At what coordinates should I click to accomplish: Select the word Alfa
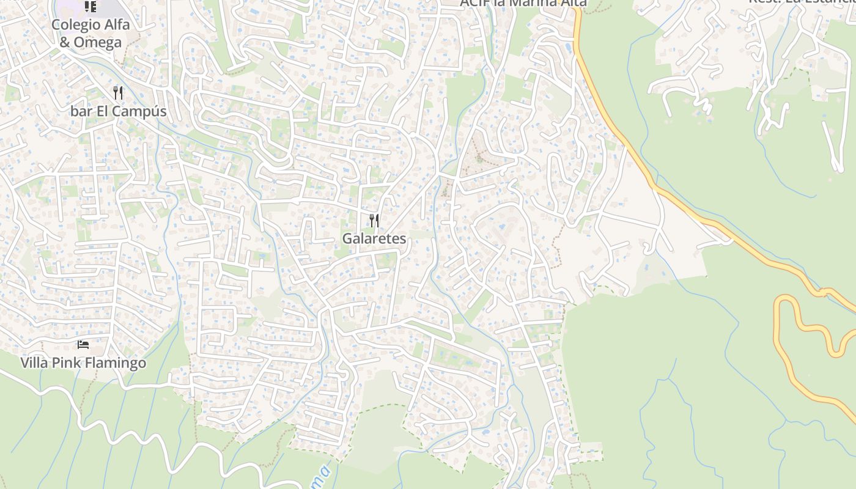pos(117,24)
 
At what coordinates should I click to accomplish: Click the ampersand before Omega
pos(65,42)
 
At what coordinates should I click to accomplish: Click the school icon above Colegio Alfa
pos(90,7)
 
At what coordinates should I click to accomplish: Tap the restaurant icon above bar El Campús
pos(118,93)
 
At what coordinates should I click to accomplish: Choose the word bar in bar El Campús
pos(80,111)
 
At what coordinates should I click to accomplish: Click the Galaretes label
pos(374,238)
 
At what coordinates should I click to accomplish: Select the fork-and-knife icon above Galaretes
pos(374,220)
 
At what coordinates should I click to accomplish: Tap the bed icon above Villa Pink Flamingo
pos(83,345)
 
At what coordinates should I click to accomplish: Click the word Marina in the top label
pos(534,2)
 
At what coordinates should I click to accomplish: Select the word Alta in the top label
pos(574,2)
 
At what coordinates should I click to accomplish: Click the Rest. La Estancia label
pos(801,1)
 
